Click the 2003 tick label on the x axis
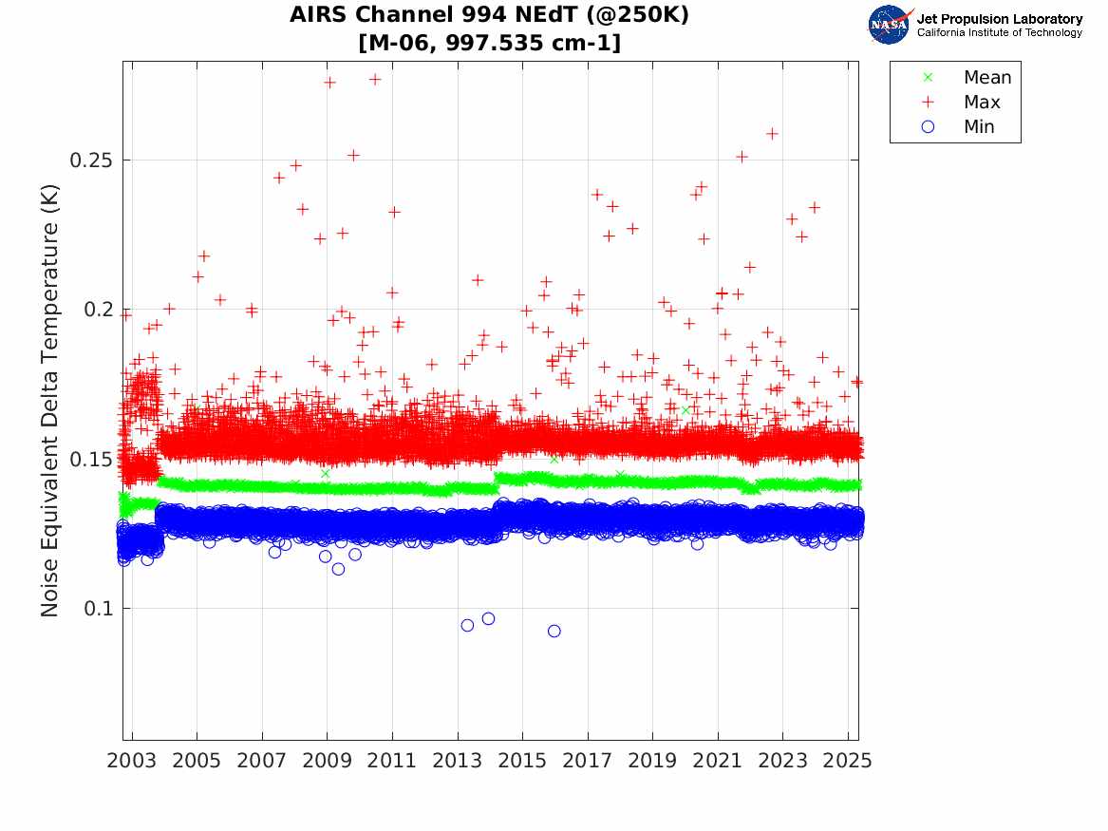(x=131, y=761)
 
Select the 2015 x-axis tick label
(x=522, y=761)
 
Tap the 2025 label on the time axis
(x=848, y=761)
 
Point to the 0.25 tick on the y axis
(x=91, y=160)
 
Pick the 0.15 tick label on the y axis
(x=91, y=459)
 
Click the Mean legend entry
(x=987, y=78)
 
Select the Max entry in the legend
(x=982, y=103)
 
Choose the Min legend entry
(x=979, y=127)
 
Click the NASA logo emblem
(x=890, y=25)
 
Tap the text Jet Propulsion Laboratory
(x=999, y=19)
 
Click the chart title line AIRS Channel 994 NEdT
(x=490, y=16)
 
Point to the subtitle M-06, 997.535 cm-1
(x=490, y=43)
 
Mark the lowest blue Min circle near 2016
(x=554, y=631)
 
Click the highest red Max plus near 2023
(x=772, y=134)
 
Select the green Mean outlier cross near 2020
(x=685, y=410)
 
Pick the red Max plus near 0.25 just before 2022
(x=742, y=157)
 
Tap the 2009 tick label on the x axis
(x=327, y=761)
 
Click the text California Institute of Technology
(x=999, y=33)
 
